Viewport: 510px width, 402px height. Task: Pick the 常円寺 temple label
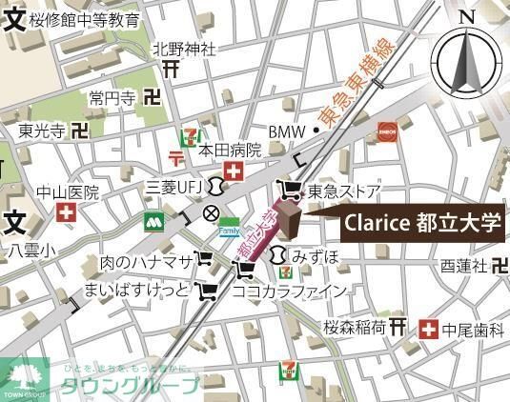pyautogui.click(x=113, y=97)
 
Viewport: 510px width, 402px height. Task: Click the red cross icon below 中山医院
pyautogui.click(x=66, y=212)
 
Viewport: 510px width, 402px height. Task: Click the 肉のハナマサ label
pyautogui.click(x=146, y=261)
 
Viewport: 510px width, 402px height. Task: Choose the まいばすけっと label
pyautogui.click(x=137, y=289)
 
